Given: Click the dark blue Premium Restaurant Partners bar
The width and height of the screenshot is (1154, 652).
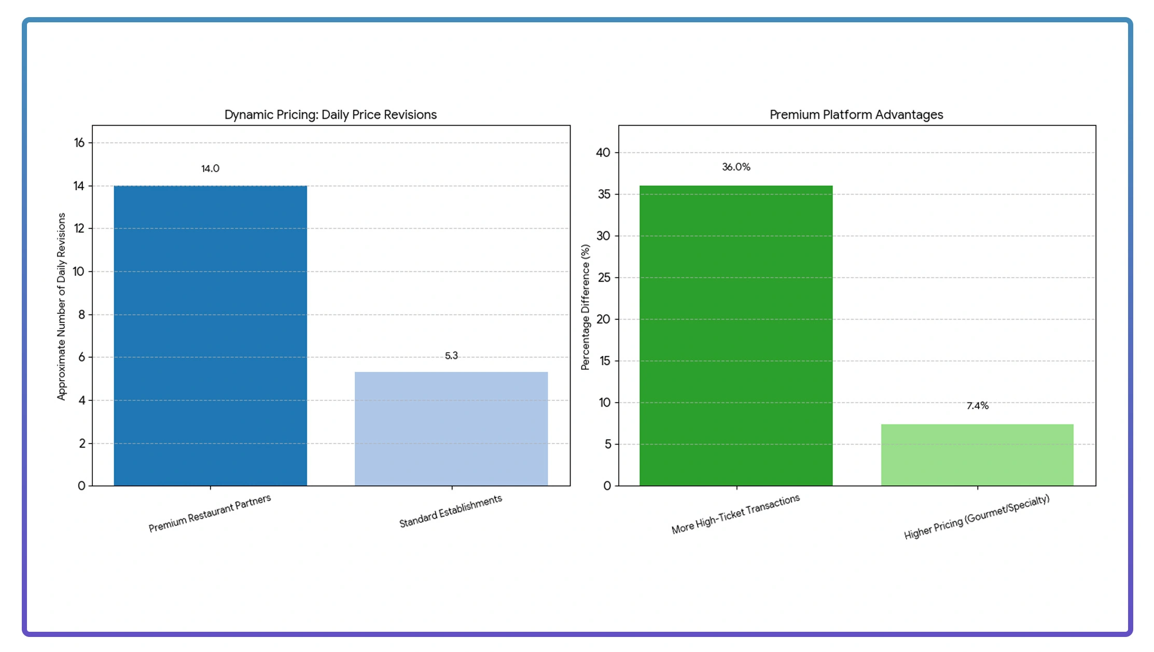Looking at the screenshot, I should [210, 336].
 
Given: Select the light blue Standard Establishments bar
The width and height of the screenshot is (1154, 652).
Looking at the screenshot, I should [451, 429].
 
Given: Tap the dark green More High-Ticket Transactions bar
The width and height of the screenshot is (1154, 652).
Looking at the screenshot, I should [736, 336].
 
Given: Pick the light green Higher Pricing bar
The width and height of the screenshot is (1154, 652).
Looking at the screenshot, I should [977, 455].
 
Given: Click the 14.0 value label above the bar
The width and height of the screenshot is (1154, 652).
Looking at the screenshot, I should [210, 169].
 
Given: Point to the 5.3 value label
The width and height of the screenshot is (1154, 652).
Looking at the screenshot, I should [451, 356].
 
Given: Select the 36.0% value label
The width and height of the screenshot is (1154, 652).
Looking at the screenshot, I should [736, 167].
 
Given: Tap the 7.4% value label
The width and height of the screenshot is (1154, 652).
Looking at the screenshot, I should [977, 406].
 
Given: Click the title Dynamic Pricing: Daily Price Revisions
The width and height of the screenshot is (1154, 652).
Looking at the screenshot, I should [330, 115].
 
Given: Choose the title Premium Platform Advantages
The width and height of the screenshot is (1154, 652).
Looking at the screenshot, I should [856, 115].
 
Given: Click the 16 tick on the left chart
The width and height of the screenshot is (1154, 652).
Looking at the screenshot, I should [79, 143].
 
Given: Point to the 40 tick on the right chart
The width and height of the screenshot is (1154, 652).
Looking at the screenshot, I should [603, 152].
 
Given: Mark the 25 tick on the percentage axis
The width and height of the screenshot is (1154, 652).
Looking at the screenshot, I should [604, 278].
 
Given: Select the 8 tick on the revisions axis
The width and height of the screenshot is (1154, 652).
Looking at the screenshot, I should [81, 314].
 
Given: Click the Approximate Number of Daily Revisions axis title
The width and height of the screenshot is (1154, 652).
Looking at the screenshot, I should [62, 306].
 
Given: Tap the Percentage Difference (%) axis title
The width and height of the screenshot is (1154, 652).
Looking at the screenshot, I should [586, 307].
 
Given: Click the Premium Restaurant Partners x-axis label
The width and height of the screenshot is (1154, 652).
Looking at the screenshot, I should [210, 513].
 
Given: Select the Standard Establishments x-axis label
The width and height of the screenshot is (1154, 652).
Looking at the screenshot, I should [450, 511].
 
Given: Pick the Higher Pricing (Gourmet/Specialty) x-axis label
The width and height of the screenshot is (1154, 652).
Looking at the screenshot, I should [977, 517].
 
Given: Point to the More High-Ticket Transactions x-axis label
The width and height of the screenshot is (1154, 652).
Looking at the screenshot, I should [735, 514].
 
